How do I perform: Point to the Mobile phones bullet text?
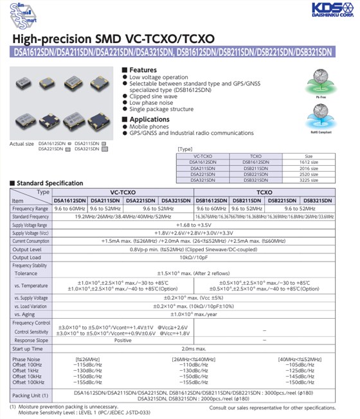[150, 127]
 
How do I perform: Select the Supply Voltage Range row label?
[30, 226]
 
